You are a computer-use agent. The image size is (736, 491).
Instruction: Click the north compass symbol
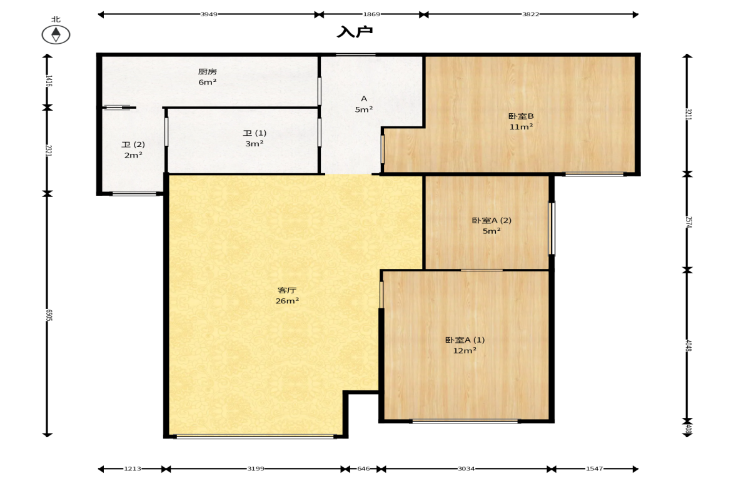click(56, 34)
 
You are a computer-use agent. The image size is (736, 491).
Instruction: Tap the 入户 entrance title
click(355, 31)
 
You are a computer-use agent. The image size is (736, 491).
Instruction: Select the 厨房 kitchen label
click(207, 72)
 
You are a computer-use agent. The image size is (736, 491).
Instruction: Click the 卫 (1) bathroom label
click(255, 133)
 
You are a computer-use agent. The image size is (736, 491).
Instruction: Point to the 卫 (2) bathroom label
click(133, 144)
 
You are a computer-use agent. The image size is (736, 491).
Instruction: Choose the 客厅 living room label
click(287, 290)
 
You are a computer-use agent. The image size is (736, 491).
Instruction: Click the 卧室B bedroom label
click(521, 116)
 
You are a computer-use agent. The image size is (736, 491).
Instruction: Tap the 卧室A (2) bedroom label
click(492, 220)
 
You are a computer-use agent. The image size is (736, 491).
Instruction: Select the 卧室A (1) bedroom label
click(465, 340)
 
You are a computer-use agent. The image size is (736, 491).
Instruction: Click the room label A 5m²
click(364, 104)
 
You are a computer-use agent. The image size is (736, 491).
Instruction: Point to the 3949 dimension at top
click(209, 14)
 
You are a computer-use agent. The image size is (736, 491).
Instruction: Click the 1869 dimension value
click(371, 14)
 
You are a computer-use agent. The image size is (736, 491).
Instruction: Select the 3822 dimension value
click(531, 14)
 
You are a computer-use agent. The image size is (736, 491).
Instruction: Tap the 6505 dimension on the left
click(48, 315)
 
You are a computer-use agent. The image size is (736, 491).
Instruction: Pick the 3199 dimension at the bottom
click(256, 468)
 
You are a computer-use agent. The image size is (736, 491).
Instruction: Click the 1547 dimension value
click(594, 468)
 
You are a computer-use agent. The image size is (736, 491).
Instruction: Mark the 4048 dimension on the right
click(688, 345)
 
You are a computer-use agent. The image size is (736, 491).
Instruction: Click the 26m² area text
click(287, 301)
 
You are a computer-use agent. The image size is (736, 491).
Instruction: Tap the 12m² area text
click(465, 351)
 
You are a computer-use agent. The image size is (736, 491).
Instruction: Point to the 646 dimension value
click(363, 468)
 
